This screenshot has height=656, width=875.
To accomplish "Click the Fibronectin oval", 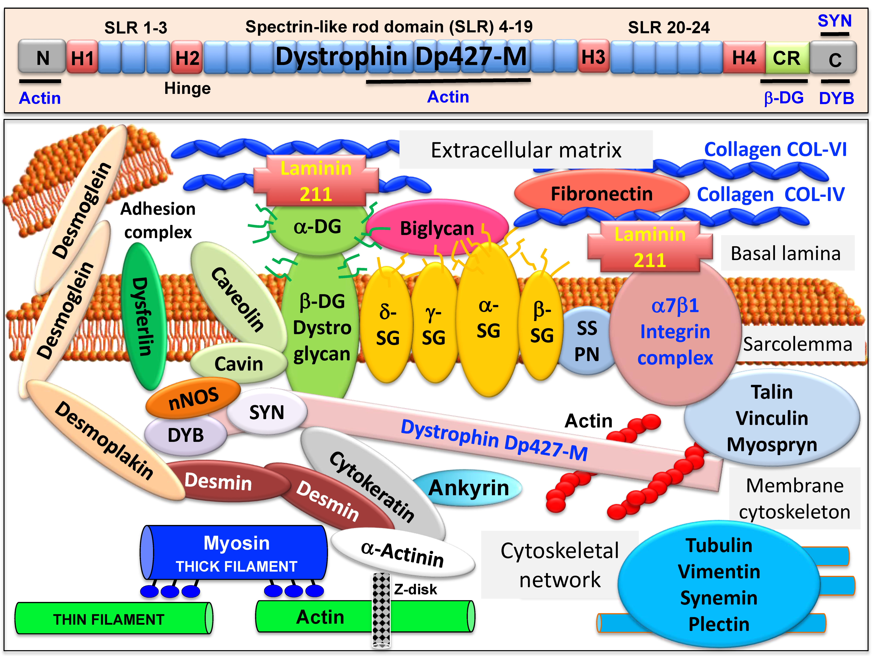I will click(601, 194).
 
